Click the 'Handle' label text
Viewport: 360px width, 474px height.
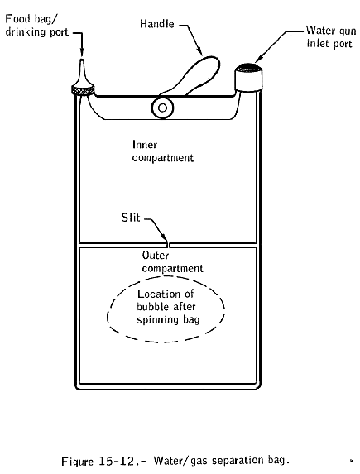point(157,24)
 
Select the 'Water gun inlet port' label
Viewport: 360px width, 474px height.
point(330,36)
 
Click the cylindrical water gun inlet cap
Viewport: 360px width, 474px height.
point(248,78)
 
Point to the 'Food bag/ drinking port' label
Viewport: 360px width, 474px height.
point(36,25)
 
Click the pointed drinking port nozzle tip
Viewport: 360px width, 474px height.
point(82,60)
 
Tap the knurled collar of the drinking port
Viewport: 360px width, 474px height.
point(83,90)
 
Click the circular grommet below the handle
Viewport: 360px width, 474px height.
point(162,108)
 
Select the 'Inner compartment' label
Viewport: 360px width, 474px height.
point(162,151)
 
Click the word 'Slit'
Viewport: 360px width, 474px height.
point(131,218)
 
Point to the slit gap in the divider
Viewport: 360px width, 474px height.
point(169,245)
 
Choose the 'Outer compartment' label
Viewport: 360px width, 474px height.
point(172,261)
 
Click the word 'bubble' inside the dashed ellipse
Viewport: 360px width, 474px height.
point(153,307)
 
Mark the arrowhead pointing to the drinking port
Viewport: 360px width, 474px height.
point(82,52)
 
